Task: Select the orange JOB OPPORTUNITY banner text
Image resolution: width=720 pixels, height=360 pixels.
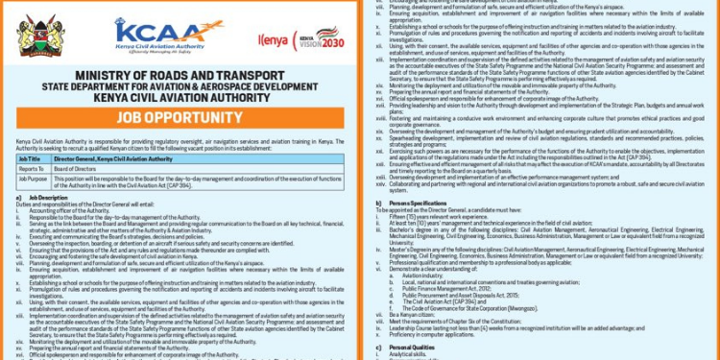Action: (x=186, y=118)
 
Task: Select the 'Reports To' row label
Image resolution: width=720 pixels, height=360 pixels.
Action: (x=31, y=168)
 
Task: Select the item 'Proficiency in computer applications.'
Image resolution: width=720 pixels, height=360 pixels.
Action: (x=450, y=335)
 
